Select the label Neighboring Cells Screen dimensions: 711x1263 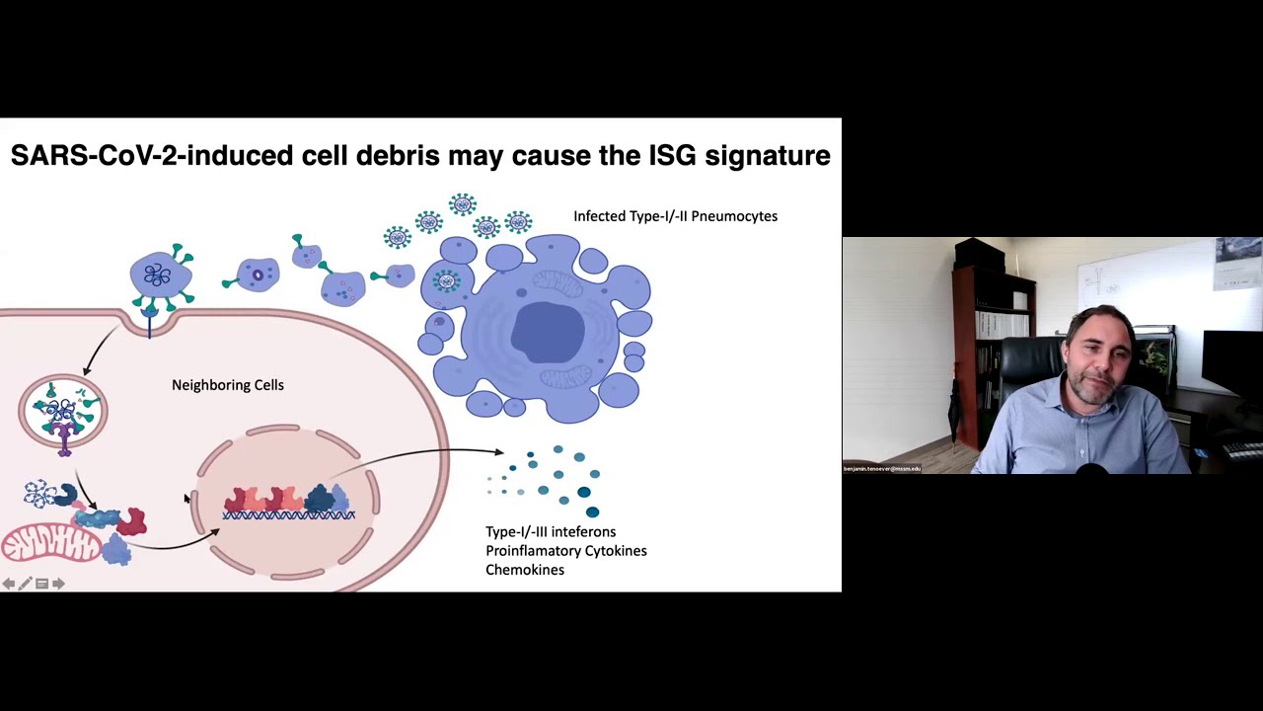[x=227, y=385]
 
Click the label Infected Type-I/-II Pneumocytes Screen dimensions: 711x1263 [x=675, y=216]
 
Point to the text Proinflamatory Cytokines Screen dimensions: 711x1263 [x=565, y=551]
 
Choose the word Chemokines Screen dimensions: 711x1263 [x=525, y=570]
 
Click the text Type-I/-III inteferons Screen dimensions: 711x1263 [x=550, y=532]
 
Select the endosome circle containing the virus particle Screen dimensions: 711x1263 [x=63, y=410]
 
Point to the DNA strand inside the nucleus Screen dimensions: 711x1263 [x=288, y=515]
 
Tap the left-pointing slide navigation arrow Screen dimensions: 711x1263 [x=9, y=584]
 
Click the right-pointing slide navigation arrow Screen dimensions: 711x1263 [x=58, y=584]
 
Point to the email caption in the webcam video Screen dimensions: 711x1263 [x=881, y=469]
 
